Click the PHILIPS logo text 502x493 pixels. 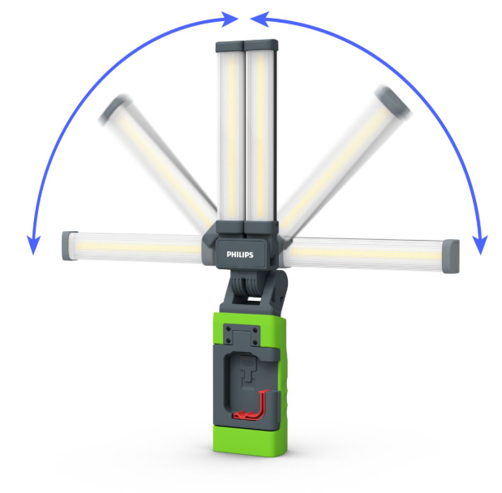tap(240, 255)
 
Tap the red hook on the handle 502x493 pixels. tap(254, 405)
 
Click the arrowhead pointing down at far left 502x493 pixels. tap(33, 245)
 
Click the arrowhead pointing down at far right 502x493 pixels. tap(480, 245)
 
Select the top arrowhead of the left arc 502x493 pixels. tap(230, 19)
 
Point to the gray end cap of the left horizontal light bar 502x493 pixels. tap(69, 246)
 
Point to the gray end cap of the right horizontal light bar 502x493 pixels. tap(451, 256)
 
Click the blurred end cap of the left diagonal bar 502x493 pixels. tap(114, 108)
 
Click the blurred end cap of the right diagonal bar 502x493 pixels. tap(393, 102)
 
